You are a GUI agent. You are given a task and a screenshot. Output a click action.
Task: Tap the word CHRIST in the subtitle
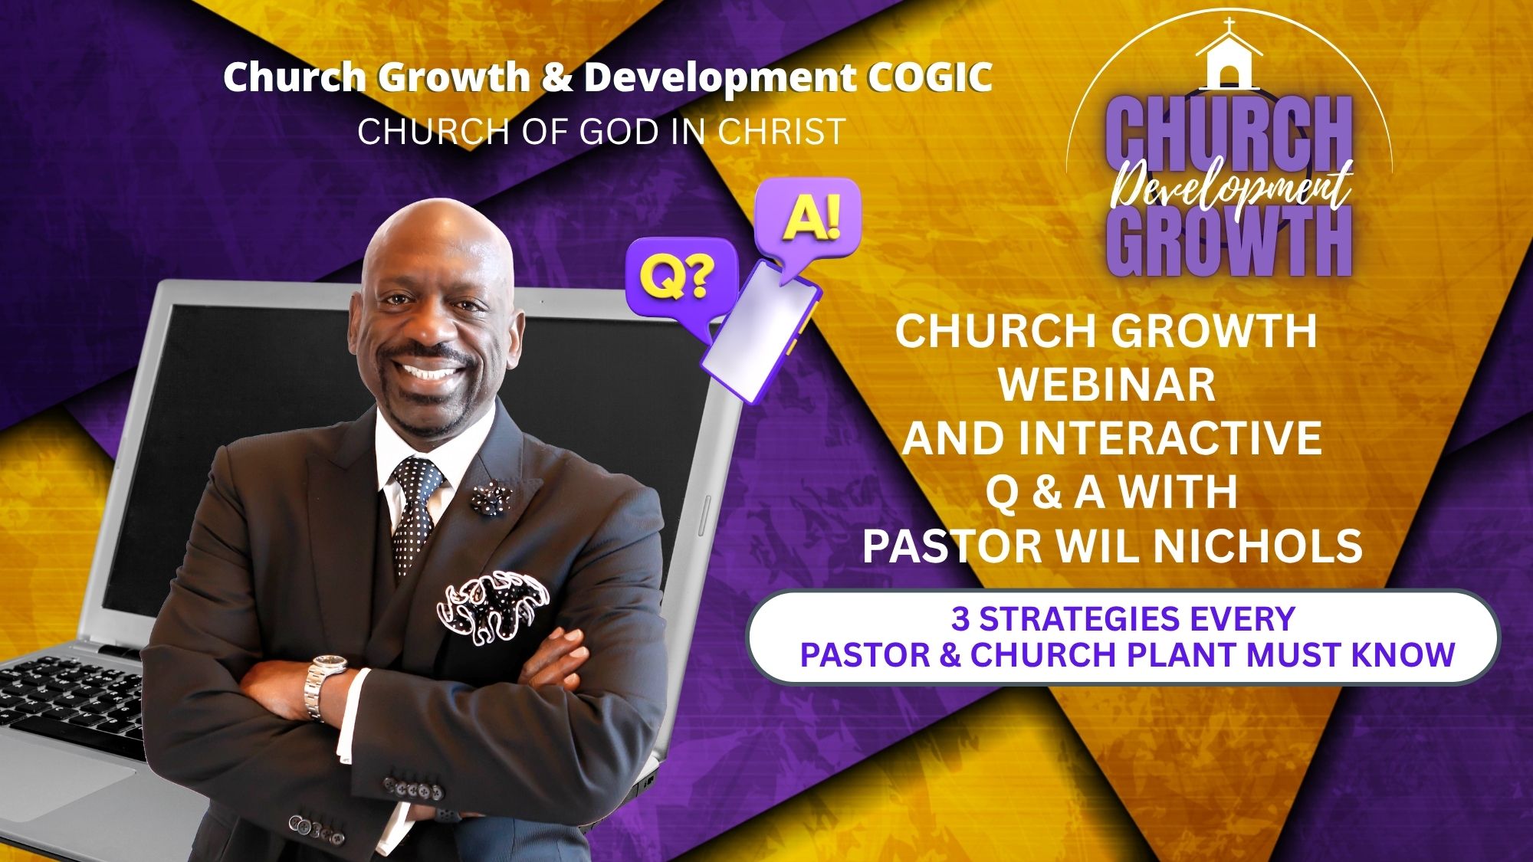click(x=781, y=132)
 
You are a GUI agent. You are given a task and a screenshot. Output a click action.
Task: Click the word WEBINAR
click(x=1107, y=385)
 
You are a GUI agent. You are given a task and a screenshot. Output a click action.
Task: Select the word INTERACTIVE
click(x=1170, y=438)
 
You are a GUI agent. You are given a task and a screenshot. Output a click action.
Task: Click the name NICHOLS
click(x=1258, y=546)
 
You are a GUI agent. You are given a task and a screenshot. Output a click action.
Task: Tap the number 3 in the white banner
click(x=960, y=618)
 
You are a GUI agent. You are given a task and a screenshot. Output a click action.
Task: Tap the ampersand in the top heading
click(x=557, y=77)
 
